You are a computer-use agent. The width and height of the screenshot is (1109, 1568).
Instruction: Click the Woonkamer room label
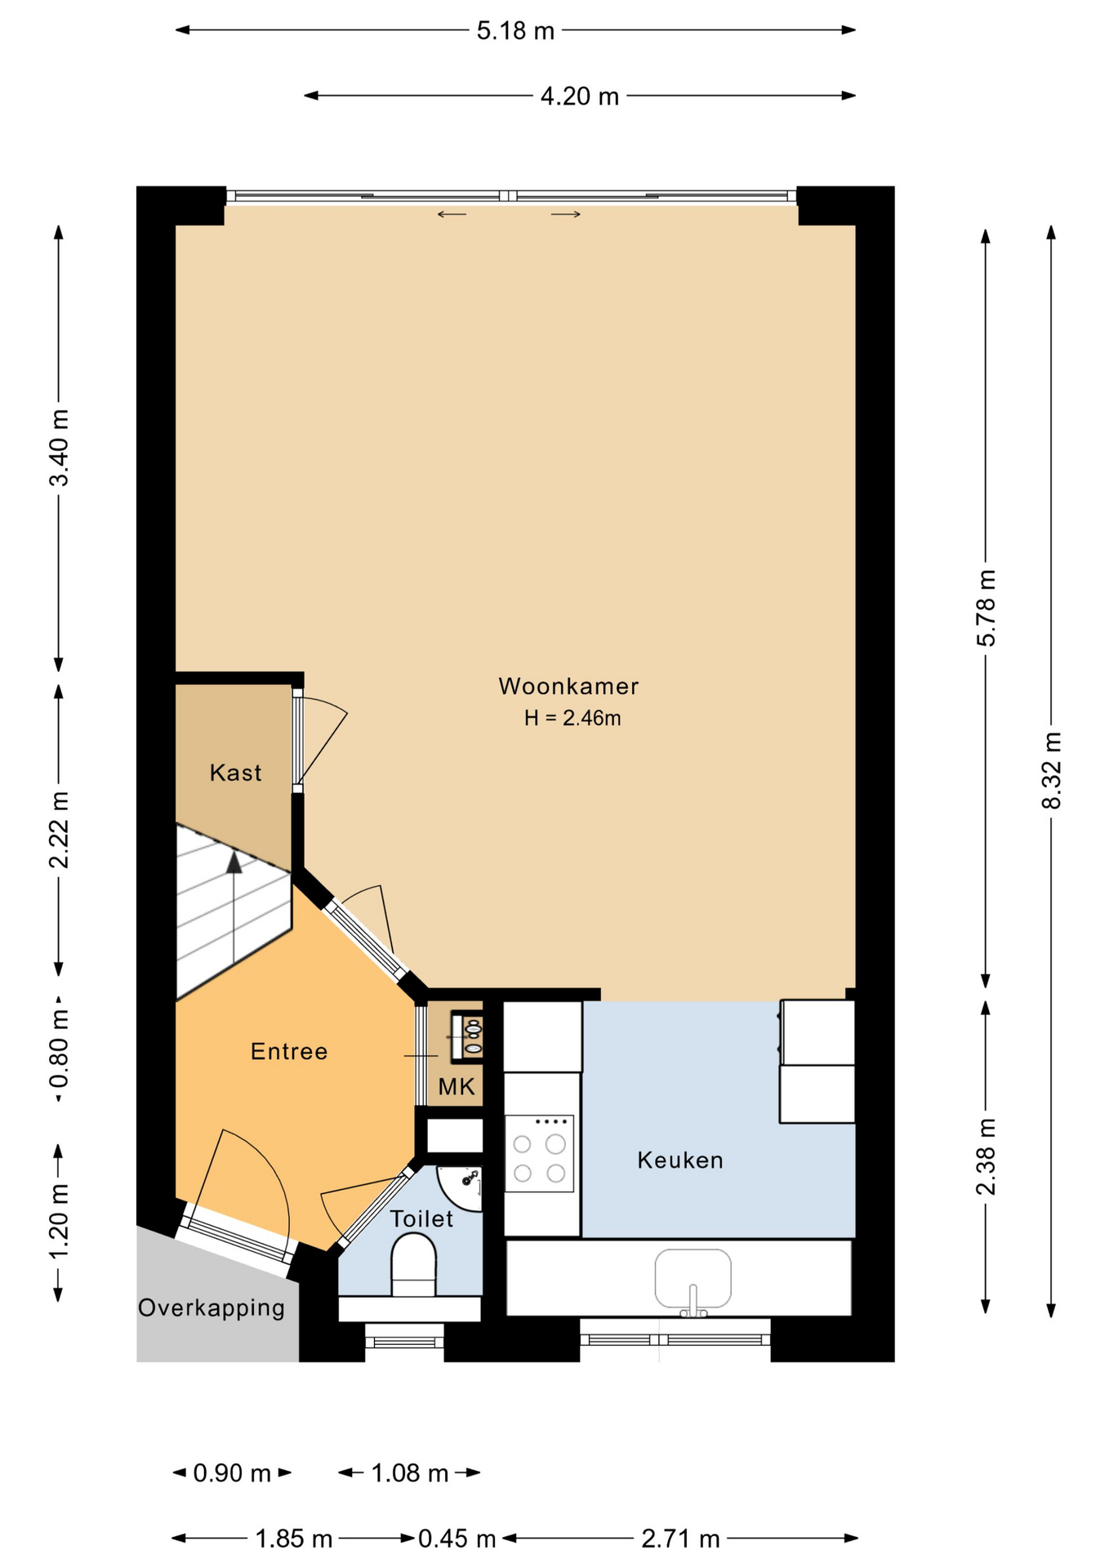point(568,686)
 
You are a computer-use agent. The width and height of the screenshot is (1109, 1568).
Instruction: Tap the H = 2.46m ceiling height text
point(572,718)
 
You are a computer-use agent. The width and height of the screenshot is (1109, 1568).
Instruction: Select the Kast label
point(235,773)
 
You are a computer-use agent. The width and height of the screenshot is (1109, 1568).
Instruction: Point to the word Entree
point(289,1051)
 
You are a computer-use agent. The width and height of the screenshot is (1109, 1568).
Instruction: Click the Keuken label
point(680,1160)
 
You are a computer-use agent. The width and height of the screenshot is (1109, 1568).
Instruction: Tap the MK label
point(457,1086)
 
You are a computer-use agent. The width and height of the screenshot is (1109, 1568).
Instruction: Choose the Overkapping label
point(212,1307)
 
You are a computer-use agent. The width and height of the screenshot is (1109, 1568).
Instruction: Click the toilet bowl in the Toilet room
point(414,1265)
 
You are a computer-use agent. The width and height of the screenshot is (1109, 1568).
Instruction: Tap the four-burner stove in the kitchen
point(539,1153)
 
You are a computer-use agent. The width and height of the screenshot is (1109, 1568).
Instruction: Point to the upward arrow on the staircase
point(234,906)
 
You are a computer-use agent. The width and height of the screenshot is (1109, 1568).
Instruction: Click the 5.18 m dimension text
point(515,31)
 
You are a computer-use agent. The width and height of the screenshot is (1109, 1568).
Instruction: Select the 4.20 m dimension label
point(580,96)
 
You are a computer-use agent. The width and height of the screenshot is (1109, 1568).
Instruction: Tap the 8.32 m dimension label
point(1052,770)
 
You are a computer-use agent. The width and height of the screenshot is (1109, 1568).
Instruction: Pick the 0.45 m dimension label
point(457,1539)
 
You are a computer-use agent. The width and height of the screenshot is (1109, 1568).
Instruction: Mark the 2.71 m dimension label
point(680,1539)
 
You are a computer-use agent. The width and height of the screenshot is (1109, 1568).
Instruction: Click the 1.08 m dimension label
point(410,1472)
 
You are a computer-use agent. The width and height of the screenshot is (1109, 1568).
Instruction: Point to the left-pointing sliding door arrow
point(452,215)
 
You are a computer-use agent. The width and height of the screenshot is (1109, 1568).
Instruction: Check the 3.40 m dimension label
point(59,448)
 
